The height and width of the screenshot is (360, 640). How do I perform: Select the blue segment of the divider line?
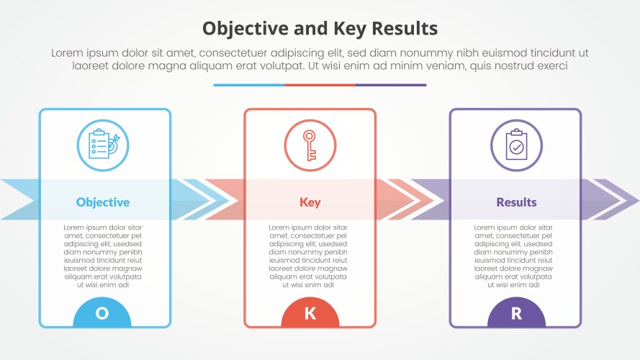click(x=248, y=85)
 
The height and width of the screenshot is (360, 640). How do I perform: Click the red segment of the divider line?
click(x=320, y=85)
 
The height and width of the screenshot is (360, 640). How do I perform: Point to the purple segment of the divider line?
click(x=390, y=85)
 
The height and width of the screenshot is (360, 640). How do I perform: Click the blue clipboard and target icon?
click(x=103, y=145)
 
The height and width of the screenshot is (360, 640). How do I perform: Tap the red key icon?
click(x=310, y=145)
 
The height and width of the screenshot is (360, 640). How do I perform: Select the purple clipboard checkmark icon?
click(x=516, y=145)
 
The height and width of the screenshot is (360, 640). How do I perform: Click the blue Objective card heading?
click(x=103, y=202)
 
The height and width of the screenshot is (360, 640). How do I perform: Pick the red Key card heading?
click(x=310, y=202)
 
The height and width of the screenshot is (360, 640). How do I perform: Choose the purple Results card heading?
click(x=516, y=202)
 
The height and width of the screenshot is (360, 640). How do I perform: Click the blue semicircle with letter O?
click(x=102, y=313)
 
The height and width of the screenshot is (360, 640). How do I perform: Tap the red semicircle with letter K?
click(x=310, y=313)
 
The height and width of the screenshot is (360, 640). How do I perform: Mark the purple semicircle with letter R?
click(x=516, y=313)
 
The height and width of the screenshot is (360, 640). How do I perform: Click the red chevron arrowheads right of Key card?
click(x=400, y=199)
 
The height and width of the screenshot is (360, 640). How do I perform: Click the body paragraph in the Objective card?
click(x=103, y=256)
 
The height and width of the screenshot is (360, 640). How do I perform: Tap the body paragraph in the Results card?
click(x=516, y=256)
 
